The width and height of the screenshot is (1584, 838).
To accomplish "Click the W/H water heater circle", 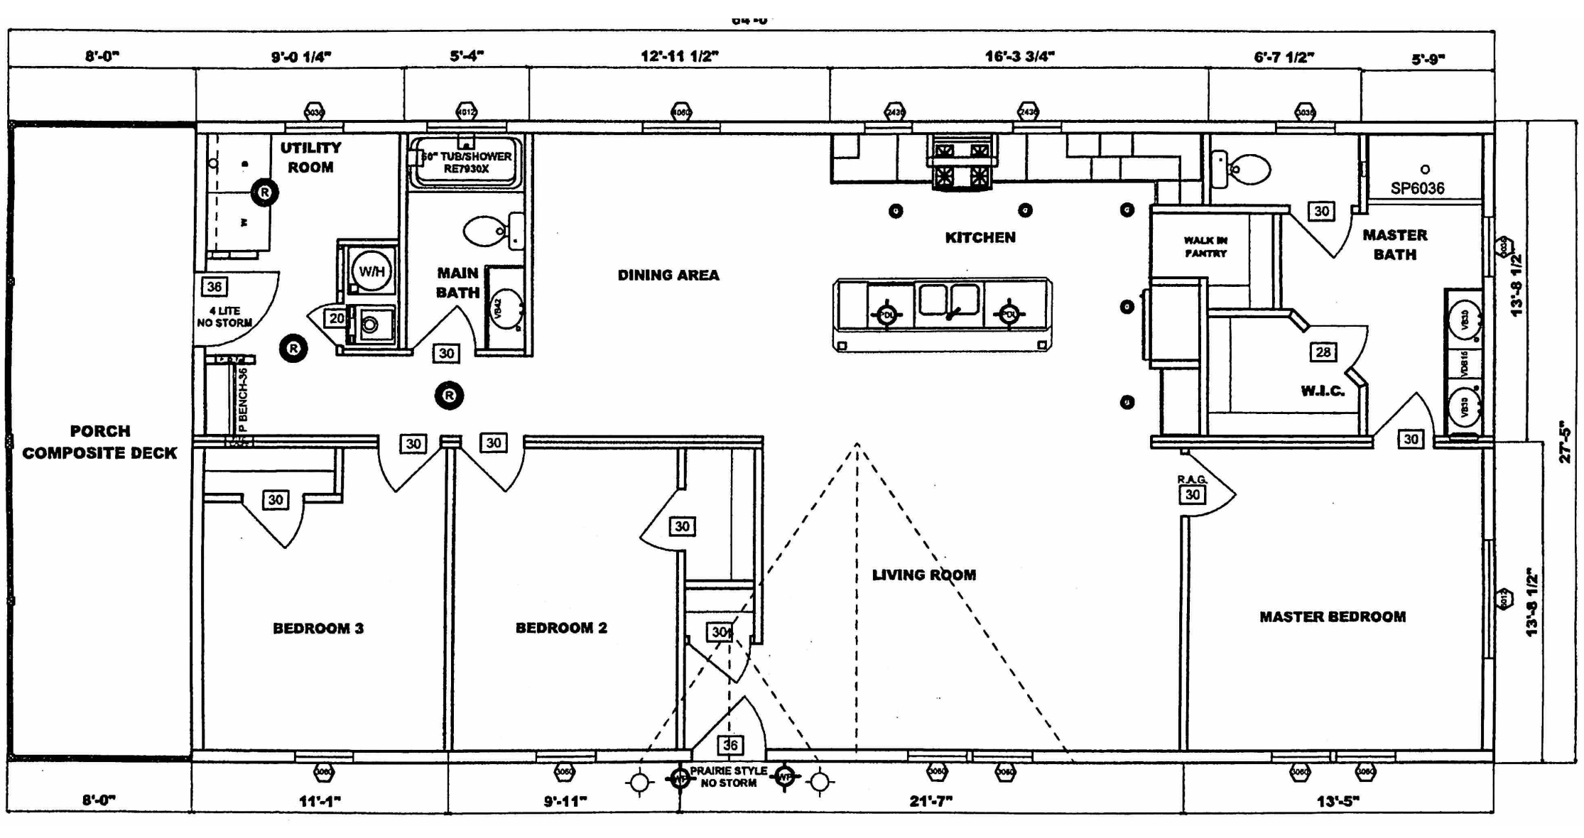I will (x=371, y=271).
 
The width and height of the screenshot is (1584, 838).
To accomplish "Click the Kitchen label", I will (x=980, y=237).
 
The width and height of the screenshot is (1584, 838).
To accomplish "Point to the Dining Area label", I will (x=668, y=275).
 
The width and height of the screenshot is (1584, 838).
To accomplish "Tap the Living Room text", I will (x=924, y=575).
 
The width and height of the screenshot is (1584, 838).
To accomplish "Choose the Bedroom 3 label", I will (x=318, y=628).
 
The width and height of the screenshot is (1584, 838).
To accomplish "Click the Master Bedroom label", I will (x=1333, y=616).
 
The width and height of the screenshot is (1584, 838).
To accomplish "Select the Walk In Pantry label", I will (x=1205, y=246).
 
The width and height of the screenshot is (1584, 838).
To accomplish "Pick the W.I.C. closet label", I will (x=1323, y=391).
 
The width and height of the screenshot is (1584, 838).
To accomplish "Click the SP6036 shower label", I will (x=1417, y=188).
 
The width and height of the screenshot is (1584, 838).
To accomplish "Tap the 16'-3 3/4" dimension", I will (x=1019, y=56).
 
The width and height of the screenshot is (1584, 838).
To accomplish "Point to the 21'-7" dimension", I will (x=931, y=801).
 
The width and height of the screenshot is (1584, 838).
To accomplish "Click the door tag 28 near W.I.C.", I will (x=1323, y=352).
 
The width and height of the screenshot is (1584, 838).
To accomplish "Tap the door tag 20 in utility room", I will (x=337, y=318).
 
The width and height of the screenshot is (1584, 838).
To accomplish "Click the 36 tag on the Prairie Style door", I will (x=730, y=744).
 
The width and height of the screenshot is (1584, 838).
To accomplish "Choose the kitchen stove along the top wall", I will (x=962, y=163).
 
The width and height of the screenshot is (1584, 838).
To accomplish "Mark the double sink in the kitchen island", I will (x=949, y=300).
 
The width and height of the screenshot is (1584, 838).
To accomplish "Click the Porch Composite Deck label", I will (x=99, y=442).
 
